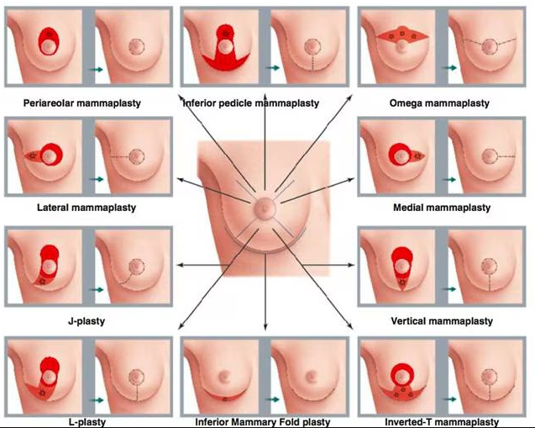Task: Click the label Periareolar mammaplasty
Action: tap(82, 103)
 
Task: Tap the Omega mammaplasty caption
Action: tap(439, 103)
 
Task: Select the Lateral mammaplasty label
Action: tap(87, 208)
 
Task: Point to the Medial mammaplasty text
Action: tap(442, 208)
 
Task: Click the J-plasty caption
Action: tap(87, 321)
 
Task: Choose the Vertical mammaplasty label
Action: tap(442, 321)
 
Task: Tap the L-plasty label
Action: tap(87, 422)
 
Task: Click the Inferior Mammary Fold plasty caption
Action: tap(263, 422)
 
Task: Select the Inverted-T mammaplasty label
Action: tap(442, 422)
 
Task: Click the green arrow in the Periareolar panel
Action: tap(97, 70)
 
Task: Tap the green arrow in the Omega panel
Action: tap(449, 68)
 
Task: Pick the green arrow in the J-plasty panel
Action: tap(97, 290)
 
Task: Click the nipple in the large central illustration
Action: tap(264, 207)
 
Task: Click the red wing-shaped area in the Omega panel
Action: tap(402, 35)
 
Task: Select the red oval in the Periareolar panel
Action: tap(49, 41)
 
